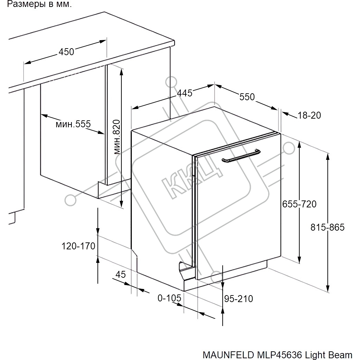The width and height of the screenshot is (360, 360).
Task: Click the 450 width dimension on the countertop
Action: [x=66, y=52]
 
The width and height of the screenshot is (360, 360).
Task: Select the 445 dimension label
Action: [x=185, y=93]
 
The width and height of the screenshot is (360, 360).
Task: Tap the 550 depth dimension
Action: [x=247, y=97]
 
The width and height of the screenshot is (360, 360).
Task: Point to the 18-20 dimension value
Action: [x=309, y=115]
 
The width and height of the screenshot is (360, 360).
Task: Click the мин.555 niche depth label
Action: [x=73, y=124]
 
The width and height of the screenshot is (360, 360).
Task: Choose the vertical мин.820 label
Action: [x=117, y=137]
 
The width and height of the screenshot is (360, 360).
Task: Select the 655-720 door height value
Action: [x=299, y=204]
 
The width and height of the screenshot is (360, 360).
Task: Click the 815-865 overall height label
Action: [x=328, y=227]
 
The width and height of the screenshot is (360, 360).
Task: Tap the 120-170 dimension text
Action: [x=78, y=246]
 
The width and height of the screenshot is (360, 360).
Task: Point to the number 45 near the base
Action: [x=121, y=274]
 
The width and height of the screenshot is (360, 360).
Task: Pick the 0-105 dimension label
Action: [x=170, y=298]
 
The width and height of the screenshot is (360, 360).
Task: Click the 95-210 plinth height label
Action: [x=239, y=299]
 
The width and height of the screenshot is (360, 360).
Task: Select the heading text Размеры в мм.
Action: [x=39, y=4]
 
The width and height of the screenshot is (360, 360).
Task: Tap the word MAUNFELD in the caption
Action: [x=228, y=355]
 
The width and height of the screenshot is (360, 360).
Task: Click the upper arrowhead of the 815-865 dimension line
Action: [x=328, y=156]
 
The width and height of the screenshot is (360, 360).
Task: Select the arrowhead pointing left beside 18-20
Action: [x=285, y=113]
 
